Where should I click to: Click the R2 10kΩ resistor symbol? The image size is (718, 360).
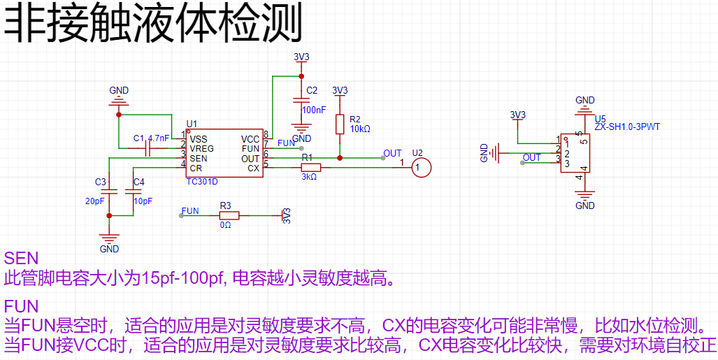(x=339, y=124)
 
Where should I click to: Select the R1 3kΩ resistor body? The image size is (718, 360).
(x=311, y=168)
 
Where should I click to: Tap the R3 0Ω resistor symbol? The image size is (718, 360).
(x=229, y=215)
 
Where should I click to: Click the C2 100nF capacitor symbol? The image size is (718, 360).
(x=301, y=101)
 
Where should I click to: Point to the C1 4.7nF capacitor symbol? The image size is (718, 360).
(x=148, y=148)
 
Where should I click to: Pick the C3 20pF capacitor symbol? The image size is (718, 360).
(x=109, y=191)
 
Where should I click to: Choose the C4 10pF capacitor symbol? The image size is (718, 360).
(x=133, y=191)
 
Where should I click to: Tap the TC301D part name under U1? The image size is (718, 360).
(x=202, y=182)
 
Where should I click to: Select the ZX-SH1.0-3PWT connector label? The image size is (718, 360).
(x=627, y=127)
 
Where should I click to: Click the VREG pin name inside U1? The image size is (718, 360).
(x=202, y=148)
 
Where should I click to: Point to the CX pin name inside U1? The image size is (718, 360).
(x=254, y=168)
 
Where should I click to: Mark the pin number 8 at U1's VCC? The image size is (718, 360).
(x=266, y=134)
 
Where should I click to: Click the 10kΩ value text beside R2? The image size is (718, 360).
(x=360, y=129)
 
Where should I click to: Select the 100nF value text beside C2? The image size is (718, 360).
(x=315, y=110)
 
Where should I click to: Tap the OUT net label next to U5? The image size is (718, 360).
(x=532, y=157)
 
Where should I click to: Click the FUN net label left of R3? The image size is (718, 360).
(x=190, y=210)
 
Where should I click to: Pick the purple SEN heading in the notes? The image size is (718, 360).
(x=21, y=259)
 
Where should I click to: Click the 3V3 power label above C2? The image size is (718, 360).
(x=301, y=57)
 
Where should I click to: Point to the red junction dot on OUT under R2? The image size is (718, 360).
(x=339, y=158)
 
